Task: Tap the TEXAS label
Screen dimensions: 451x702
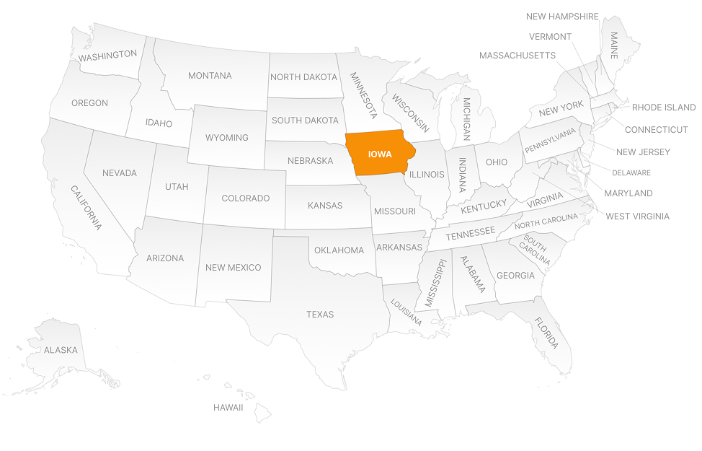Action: (x=320, y=315)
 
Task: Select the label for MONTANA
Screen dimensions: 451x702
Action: (x=210, y=76)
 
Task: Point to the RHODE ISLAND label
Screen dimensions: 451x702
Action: (x=664, y=108)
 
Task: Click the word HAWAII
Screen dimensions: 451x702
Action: (x=228, y=408)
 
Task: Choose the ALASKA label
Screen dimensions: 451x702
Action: (x=61, y=350)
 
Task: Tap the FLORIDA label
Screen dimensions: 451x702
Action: (x=546, y=333)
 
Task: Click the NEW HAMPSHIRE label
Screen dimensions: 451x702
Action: (x=562, y=17)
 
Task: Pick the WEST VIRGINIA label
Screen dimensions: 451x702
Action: (x=637, y=216)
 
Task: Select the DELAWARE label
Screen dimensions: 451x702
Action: (x=631, y=172)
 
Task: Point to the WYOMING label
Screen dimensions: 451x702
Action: (x=226, y=138)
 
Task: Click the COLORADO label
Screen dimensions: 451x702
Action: (x=245, y=198)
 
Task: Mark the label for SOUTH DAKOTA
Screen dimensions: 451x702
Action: (x=305, y=121)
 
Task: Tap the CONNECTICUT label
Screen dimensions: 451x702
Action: (x=656, y=130)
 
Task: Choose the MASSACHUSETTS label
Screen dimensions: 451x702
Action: (x=517, y=56)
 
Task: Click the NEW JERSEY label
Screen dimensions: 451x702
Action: (x=643, y=152)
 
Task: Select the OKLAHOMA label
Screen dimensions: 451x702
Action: (x=339, y=250)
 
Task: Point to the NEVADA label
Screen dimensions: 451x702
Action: (x=119, y=173)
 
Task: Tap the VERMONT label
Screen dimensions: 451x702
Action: (x=550, y=37)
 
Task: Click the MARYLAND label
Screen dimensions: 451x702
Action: (x=628, y=193)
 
